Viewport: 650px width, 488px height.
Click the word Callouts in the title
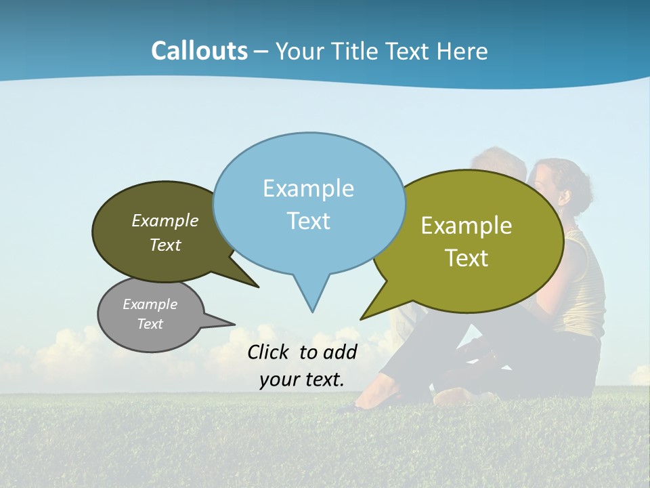199,51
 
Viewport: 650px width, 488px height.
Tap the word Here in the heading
462,52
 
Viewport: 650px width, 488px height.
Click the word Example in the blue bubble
308,188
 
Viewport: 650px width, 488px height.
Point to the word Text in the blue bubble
308,221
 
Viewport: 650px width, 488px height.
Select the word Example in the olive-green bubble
467,226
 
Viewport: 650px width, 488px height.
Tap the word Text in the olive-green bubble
467,258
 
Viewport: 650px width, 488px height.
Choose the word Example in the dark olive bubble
165,220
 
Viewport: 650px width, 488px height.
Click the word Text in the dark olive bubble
165,245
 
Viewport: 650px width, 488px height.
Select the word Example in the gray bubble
150,304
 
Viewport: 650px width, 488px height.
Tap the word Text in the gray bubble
150,324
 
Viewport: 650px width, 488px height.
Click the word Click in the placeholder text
270,352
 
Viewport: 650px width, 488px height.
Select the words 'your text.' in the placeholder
301,380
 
